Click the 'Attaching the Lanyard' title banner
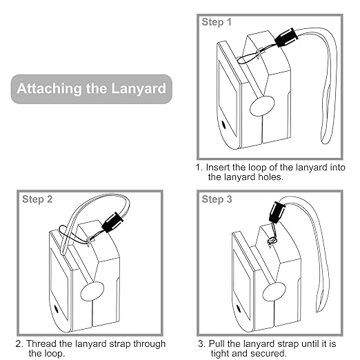[92, 89]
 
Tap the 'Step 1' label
[217, 22]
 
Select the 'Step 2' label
[37, 199]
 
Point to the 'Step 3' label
[217, 199]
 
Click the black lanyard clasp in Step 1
[286, 37]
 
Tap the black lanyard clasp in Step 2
[112, 223]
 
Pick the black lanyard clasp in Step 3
[277, 212]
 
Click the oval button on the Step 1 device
[262, 106]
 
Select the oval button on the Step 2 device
[92, 291]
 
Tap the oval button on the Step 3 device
[274, 292]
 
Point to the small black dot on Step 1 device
[223, 125]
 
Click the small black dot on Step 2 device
[56, 309]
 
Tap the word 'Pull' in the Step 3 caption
[217, 343]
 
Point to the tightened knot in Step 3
[272, 241]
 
